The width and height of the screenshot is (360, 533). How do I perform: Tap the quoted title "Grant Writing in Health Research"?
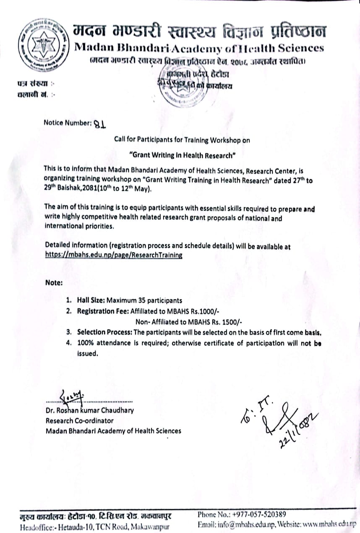click(182, 154)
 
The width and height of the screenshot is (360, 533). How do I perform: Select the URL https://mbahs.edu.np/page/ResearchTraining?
click(113, 255)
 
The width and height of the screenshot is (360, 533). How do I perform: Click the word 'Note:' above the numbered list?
click(54, 282)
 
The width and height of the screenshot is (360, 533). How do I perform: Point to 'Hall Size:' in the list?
click(91, 300)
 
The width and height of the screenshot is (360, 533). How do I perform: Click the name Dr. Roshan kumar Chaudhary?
click(90, 410)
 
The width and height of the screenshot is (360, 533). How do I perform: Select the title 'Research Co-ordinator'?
click(80, 421)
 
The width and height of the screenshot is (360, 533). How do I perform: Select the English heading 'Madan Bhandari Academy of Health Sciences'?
click(199, 48)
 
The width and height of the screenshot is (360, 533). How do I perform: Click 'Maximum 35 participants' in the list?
click(144, 300)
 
